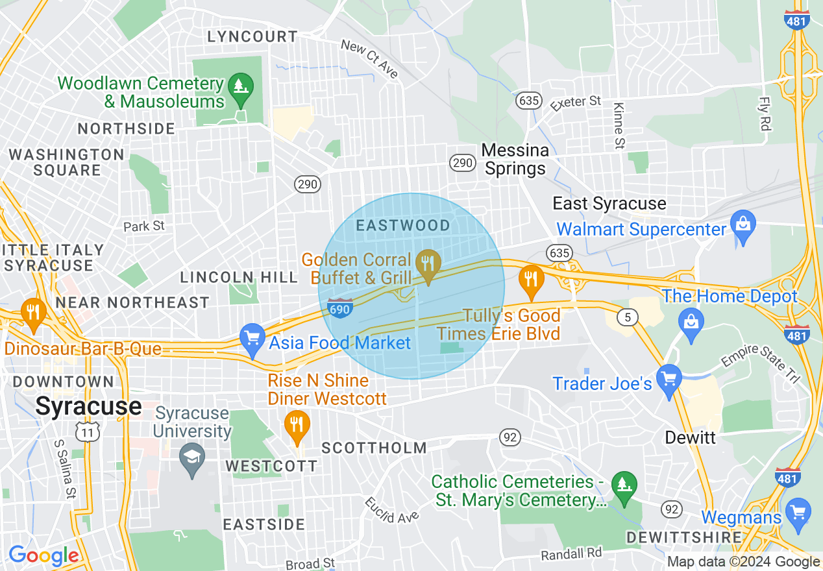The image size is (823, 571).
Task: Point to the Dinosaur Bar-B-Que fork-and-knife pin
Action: pos(32,312)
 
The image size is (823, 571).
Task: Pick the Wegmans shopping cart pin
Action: pos(798,511)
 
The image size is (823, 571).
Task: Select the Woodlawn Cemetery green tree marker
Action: pos(241,86)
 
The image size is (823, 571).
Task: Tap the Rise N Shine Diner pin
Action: pos(297,425)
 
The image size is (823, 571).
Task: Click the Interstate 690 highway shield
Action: pos(339,308)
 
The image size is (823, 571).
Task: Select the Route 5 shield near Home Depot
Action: pos(624,317)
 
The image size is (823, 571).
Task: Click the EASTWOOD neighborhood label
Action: pos(403,225)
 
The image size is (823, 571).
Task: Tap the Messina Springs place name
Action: pos(515,160)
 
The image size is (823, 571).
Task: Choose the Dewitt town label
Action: pos(691,437)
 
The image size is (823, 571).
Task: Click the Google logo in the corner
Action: pos(43,556)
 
